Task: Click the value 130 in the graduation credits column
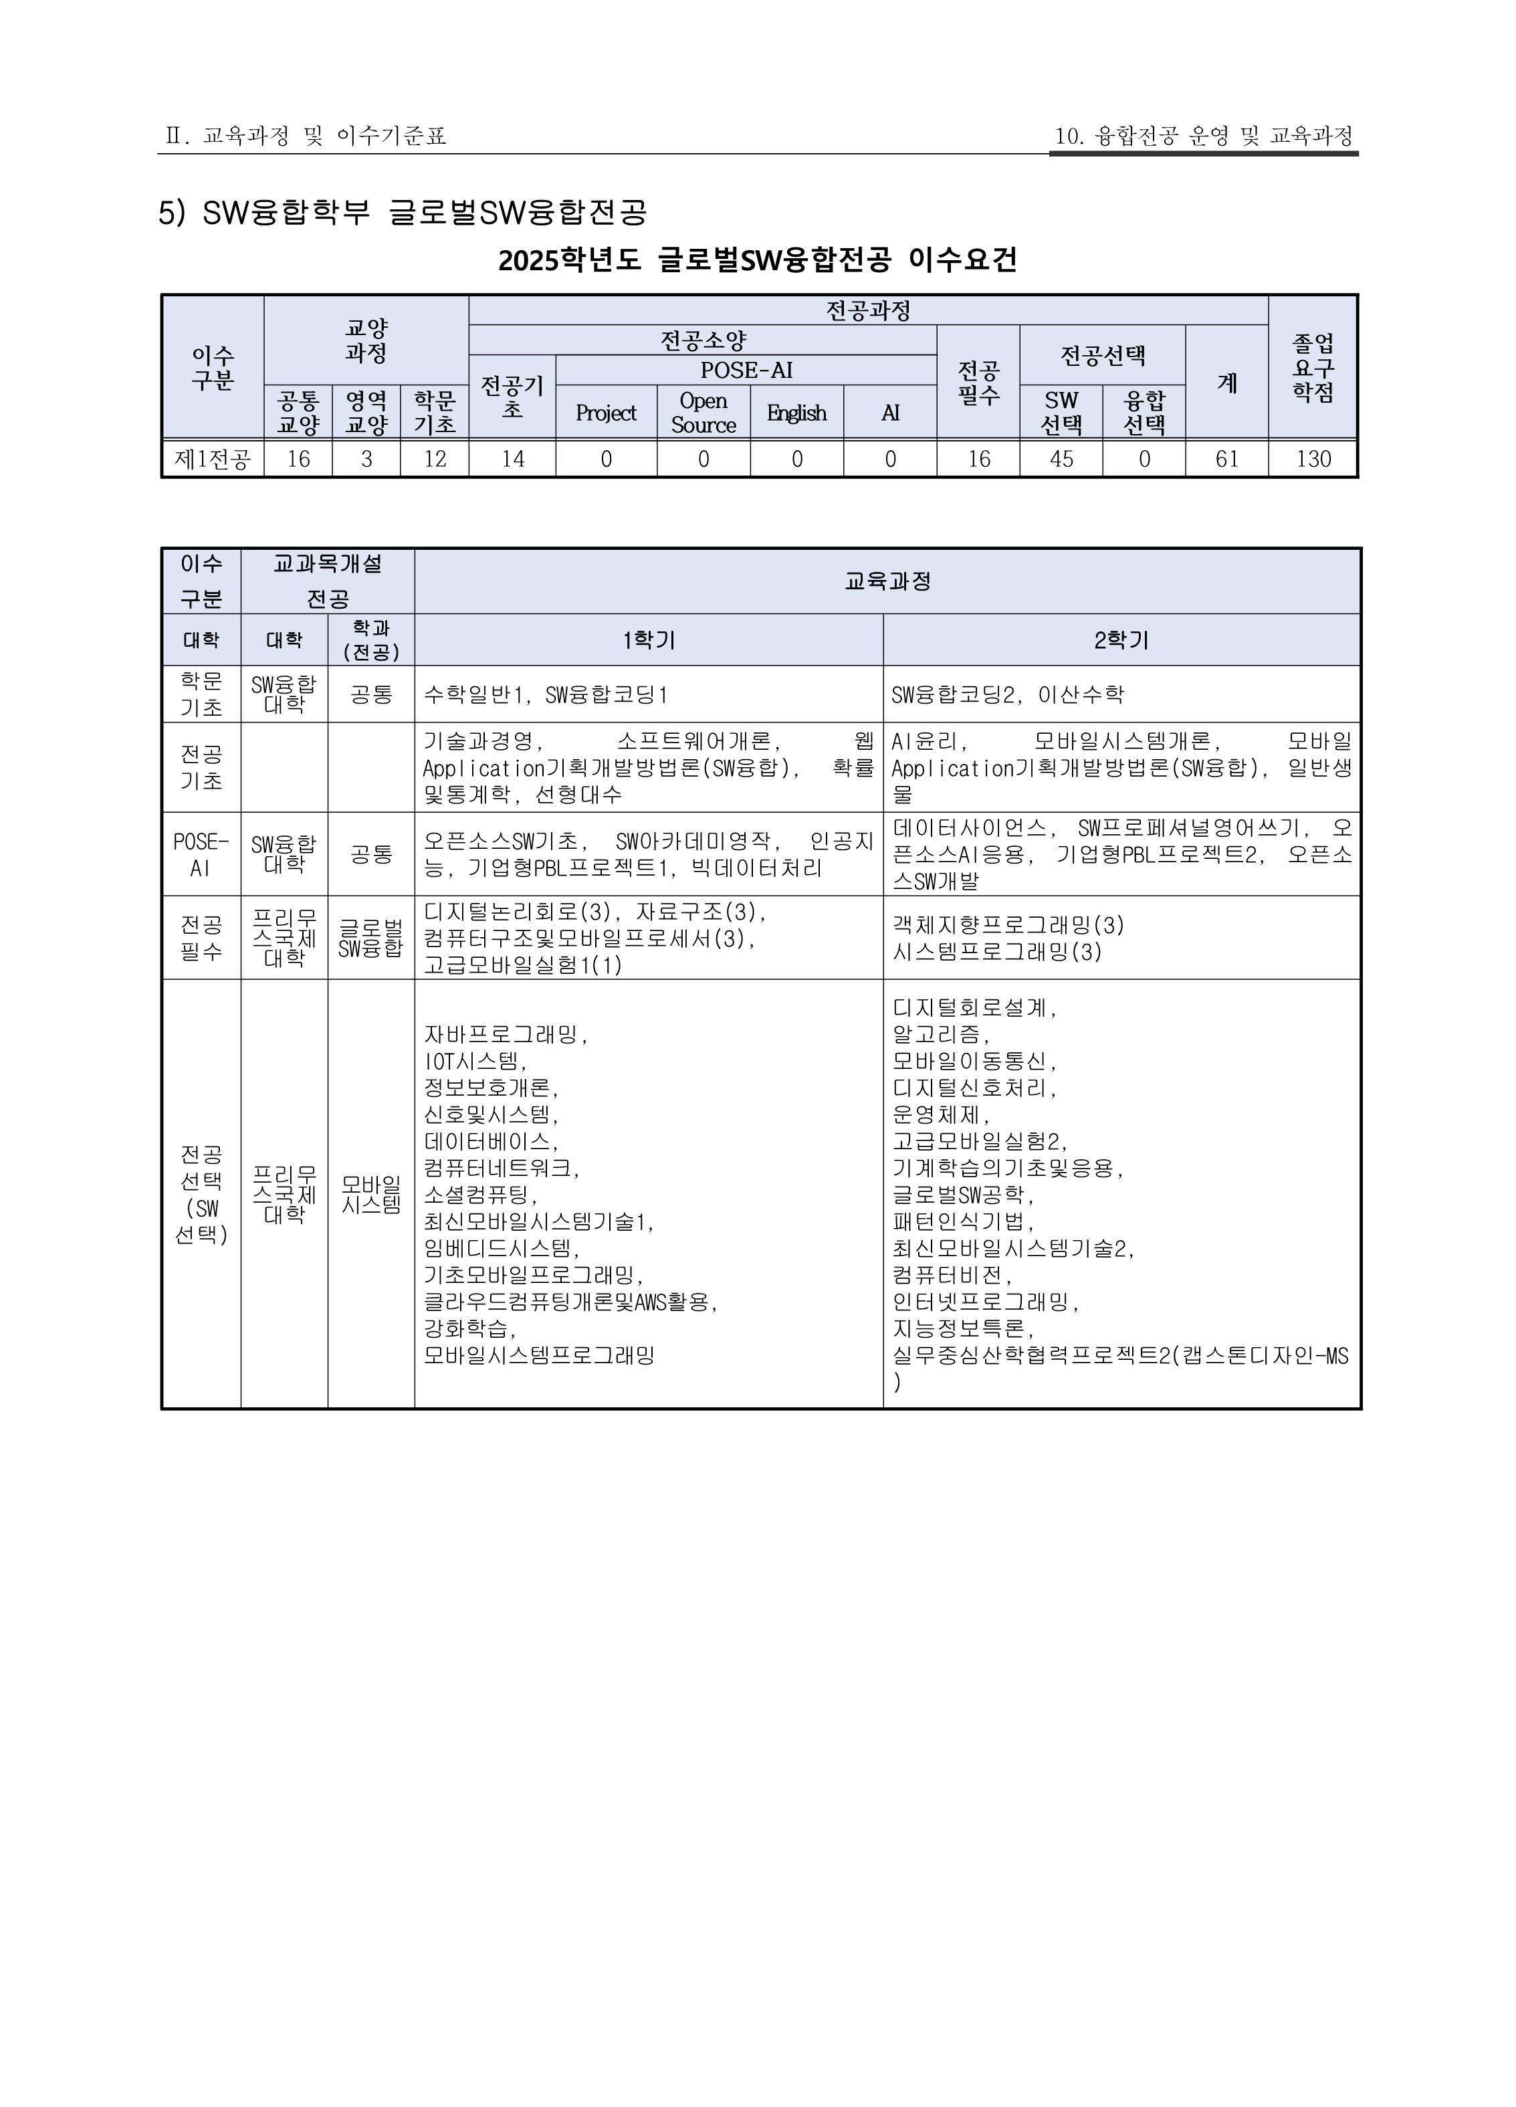coord(1313,459)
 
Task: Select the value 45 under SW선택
coord(1061,459)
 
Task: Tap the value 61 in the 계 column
coord(1226,459)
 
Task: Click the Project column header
coord(606,413)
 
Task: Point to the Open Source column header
coord(703,413)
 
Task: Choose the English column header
coord(796,413)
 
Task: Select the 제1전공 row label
coord(213,459)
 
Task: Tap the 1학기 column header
coord(649,640)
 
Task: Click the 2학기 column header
coord(1121,640)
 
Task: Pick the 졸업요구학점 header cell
coord(1313,368)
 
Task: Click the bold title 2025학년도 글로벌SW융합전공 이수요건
coord(757,260)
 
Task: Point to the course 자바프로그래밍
coord(506,1034)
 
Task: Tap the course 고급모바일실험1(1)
coord(523,965)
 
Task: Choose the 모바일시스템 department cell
coord(370,1195)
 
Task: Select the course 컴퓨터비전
coord(951,1275)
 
